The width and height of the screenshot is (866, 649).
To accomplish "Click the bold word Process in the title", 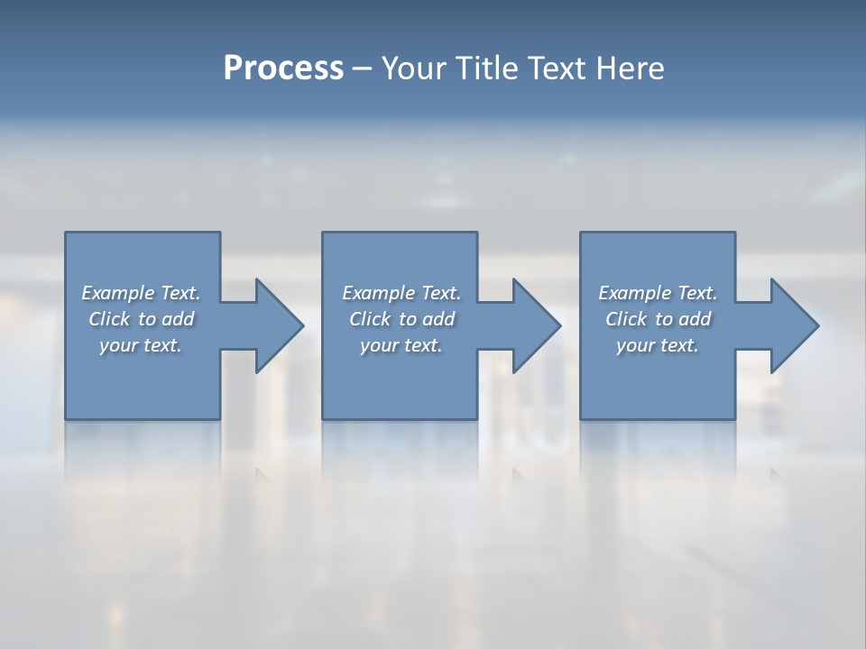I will (x=283, y=69).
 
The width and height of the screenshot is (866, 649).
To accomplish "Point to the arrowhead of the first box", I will (x=280, y=325).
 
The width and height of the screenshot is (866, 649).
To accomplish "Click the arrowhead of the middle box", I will (x=537, y=325).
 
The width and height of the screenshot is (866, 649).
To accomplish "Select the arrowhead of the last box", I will (x=795, y=325).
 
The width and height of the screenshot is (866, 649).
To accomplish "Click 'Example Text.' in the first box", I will (x=141, y=293).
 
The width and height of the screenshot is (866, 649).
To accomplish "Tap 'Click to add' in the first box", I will (x=142, y=319).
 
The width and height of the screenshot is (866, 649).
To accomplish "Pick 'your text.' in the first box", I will (x=141, y=345).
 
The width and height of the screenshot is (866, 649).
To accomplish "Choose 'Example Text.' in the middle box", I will (x=401, y=293).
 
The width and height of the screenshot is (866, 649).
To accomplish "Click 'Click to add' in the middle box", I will (x=401, y=319).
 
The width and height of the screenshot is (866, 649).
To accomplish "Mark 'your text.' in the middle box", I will (x=401, y=345).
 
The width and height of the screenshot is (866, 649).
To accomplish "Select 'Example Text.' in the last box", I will (x=658, y=293).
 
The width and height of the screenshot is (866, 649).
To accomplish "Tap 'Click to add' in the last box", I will (x=659, y=319).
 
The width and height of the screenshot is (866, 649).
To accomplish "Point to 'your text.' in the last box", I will (x=657, y=345).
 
